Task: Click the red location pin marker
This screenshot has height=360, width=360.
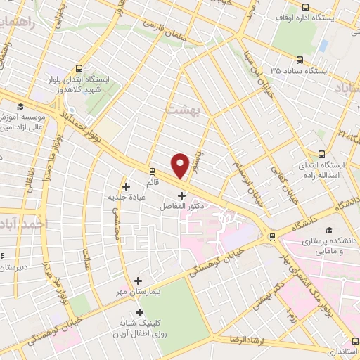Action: point(181,165)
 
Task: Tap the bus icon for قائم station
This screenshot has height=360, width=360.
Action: point(153,171)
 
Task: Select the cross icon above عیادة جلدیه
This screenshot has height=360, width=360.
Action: point(126,186)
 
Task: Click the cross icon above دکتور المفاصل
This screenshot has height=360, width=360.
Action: point(182,195)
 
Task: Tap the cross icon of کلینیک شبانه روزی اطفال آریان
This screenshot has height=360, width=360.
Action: point(139,313)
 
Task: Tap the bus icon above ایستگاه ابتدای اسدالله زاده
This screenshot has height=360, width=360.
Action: point(322,154)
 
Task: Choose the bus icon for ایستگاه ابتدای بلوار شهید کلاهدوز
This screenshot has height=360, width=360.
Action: point(78,69)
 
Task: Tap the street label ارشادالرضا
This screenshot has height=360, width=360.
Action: point(245,339)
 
